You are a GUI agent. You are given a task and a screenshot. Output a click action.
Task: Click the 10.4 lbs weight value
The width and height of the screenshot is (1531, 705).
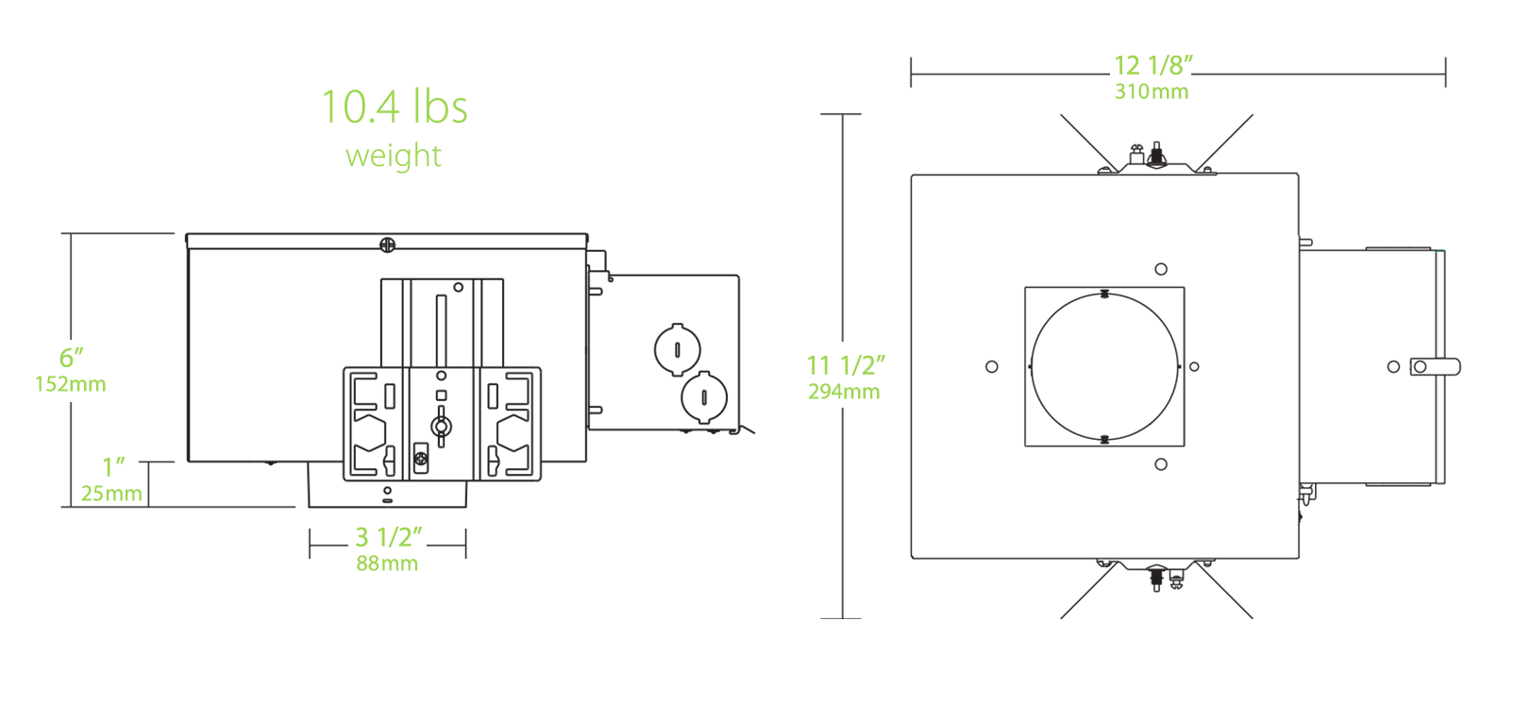[x=395, y=108]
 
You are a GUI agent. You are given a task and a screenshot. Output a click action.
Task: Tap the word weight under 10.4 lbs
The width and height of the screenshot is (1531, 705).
[x=394, y=156]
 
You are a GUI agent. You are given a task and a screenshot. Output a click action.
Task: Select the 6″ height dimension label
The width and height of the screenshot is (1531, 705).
[x=72, y=358]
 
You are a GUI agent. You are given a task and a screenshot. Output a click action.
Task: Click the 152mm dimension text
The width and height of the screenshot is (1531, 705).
[x=71, y=385]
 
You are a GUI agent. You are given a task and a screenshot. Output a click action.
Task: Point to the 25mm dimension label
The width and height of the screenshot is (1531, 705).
[x=111, y=494]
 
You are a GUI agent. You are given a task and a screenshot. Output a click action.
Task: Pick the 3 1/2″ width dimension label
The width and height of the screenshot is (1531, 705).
[x=388, y=537]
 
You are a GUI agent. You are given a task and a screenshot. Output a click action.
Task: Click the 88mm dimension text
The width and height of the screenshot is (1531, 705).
[x=387, y=564]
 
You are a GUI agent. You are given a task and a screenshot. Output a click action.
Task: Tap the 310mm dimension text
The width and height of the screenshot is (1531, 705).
[x=1152, y=92]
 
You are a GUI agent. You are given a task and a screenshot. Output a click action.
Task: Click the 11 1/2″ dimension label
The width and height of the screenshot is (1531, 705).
[x=846, y=365]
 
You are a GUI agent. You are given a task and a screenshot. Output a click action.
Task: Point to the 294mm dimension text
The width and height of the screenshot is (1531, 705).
[x=844, y=392]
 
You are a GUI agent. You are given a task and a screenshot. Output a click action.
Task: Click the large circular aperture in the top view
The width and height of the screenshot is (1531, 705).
[x=1104, y=367]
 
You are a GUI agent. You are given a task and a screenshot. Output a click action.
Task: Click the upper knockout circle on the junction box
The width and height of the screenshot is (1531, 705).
[x=678, y=350]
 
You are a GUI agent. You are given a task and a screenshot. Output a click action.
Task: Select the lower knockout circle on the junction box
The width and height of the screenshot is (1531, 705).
[x=704, y=398]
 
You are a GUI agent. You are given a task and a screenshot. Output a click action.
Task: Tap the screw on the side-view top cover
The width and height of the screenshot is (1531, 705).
[x=387, y=245]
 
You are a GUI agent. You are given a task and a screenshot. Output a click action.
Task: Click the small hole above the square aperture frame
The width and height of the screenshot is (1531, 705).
[x=1161, y=269]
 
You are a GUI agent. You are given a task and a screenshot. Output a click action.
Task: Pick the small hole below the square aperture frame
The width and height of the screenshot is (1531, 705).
[x=1161, y=464]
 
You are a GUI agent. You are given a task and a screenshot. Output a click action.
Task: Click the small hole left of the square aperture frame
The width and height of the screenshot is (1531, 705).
[x=991, y=367]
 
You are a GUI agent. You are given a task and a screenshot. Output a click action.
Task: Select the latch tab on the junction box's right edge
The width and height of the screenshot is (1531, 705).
[x=1435, y=367]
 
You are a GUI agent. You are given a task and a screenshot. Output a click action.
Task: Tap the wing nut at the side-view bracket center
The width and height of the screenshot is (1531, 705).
[x=441, y=426]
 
